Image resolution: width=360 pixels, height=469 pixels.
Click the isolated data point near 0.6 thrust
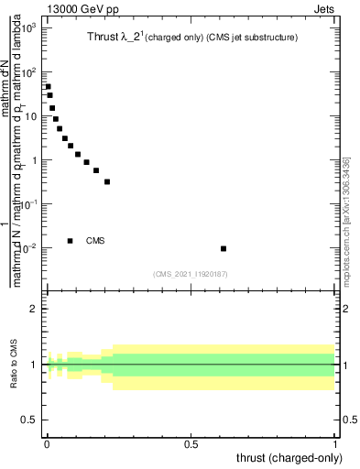click(x=224, y=248)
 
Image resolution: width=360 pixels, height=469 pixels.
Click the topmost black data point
click(x=48, y=87)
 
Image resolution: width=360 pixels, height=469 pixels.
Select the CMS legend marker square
click(x=71, y=241)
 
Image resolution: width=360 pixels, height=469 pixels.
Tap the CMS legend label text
click(x=95, y=241)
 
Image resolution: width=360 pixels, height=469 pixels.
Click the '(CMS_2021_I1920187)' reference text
click(x=191, y=274)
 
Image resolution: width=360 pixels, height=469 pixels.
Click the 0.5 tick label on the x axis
click(x=191, y=443)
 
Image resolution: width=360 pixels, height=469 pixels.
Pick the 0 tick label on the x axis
click(x=47, y=443)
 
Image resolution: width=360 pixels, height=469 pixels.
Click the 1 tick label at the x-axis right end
click(x=336, y=443)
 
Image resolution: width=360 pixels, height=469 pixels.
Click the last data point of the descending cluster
click(x=107, y=181)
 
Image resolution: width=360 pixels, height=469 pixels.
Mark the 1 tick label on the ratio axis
click(x=34, y=365)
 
